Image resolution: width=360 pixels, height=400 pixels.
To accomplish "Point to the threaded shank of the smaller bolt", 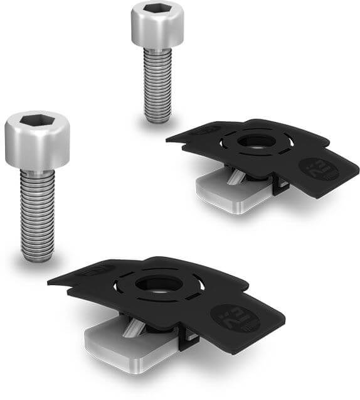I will coord(157,82).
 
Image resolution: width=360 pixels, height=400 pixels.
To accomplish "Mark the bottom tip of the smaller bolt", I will coord(157,119).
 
